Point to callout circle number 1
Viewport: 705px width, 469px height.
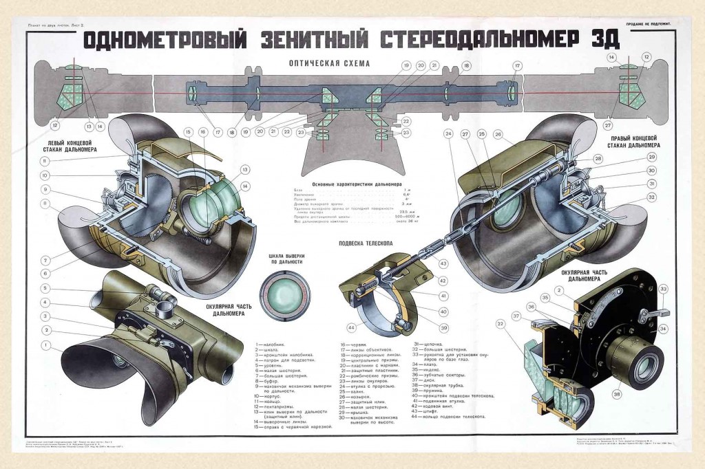(x=45, y=345)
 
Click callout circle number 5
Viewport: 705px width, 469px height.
(x=45, y=288)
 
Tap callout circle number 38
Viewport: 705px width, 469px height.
(x=616, y=395)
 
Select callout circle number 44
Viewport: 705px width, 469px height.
(x=352, y=327)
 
